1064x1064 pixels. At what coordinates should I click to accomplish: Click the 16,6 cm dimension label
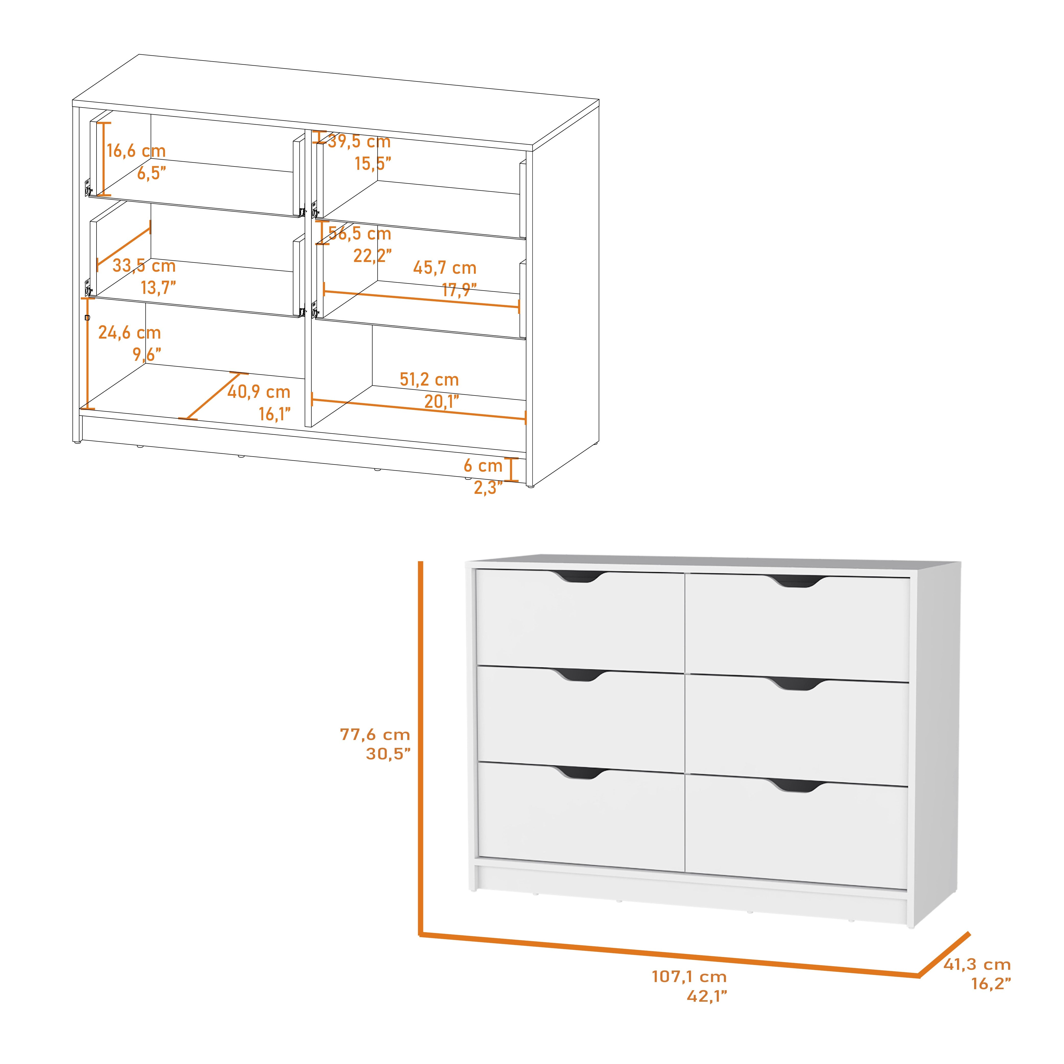[136, 151]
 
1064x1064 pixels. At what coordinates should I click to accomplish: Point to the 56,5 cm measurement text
[360, 233]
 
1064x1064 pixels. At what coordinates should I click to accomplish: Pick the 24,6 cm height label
[129, 333]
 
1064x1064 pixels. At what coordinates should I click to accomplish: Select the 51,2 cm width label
[429, 379]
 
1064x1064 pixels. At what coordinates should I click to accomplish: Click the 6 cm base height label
[483, 466]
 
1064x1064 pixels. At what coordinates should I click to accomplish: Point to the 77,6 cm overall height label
[375, 734]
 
